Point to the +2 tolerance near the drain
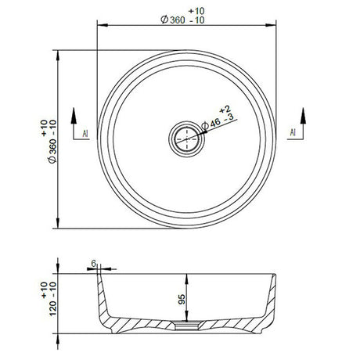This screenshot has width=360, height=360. click(223, 107)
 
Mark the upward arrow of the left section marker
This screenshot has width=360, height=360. click(74, 114)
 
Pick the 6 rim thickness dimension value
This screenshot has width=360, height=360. click(92, 265)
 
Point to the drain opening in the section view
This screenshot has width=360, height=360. click(186, 321)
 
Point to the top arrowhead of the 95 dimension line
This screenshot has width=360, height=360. click(185, 275)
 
